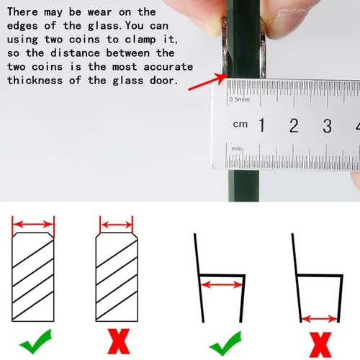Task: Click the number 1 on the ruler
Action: (x=262, y=125)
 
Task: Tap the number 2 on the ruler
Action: (x=294, y=125)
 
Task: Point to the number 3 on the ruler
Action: (x=327, y=126)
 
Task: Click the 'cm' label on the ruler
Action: (x=240, y=124)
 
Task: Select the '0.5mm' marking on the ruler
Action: (x=239, y=99)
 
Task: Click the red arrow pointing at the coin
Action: (x=208, y=82)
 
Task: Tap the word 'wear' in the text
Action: (x=99, y=12)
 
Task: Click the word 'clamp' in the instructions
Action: (x=140, y=40)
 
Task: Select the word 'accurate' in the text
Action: (x=168, y=67)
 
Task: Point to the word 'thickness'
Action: (x=35, y=81)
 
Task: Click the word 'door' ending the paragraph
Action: (x=164, y=81)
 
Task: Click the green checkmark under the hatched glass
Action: (x=36, y=341)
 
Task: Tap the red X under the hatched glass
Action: (x=119, y=341)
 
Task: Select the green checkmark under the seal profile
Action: (x=225, y=343)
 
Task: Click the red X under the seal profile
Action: (x=320, y=345)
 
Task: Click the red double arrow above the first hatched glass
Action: (x=33, y=225)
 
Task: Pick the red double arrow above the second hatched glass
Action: (x=116, y=225)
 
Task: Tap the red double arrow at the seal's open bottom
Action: (x=320, y=319)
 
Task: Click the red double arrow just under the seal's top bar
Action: (x=221, y=285)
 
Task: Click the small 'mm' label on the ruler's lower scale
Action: (x=236, y=149)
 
